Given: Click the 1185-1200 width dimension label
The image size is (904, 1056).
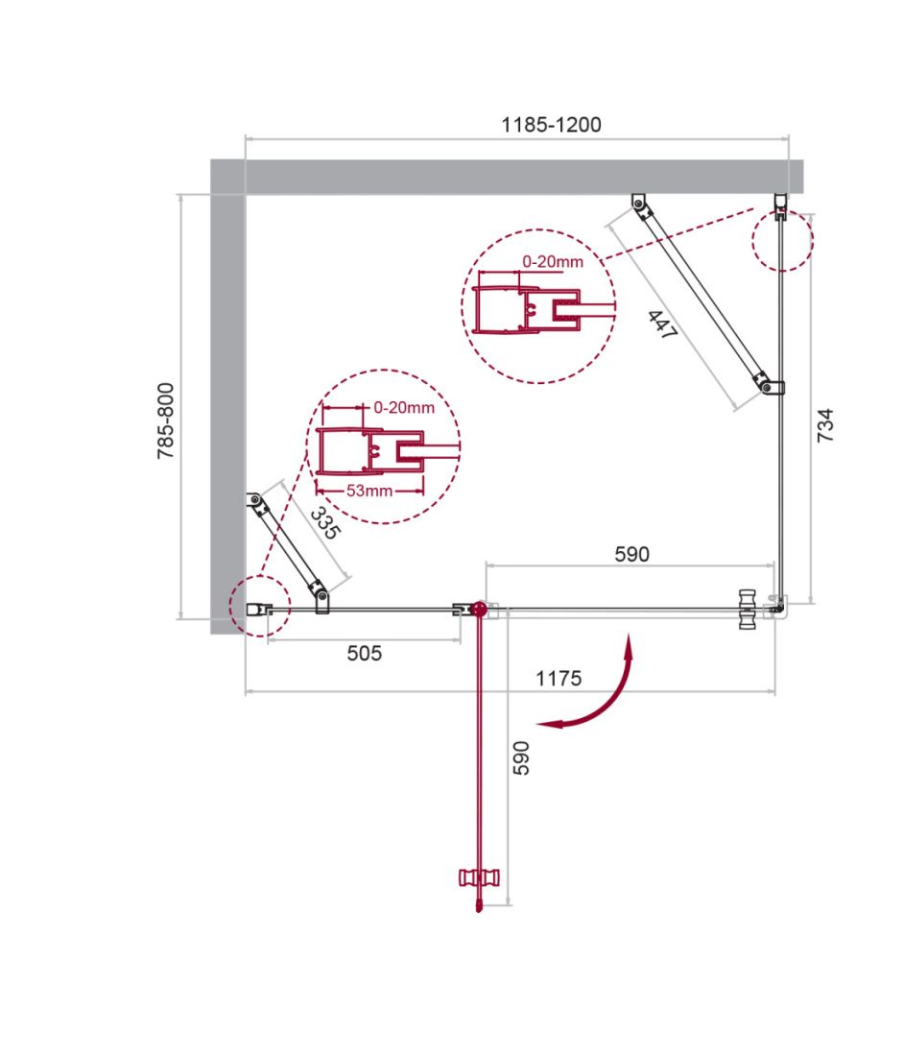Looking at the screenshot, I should tap(551, 125).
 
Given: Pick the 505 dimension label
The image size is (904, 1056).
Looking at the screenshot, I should tap(364, 654).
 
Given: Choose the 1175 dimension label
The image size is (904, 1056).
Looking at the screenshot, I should tap(559, 679).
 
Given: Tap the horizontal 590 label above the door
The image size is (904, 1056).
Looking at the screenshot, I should tap(630, 554).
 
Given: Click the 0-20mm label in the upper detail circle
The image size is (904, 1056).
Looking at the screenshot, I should tap(553, 261).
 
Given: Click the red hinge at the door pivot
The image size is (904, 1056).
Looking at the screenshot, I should tap(479, 609).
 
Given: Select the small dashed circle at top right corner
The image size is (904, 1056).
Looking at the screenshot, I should tap(782, 241).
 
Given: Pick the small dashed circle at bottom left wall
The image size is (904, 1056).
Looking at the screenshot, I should tap(259, 607).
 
